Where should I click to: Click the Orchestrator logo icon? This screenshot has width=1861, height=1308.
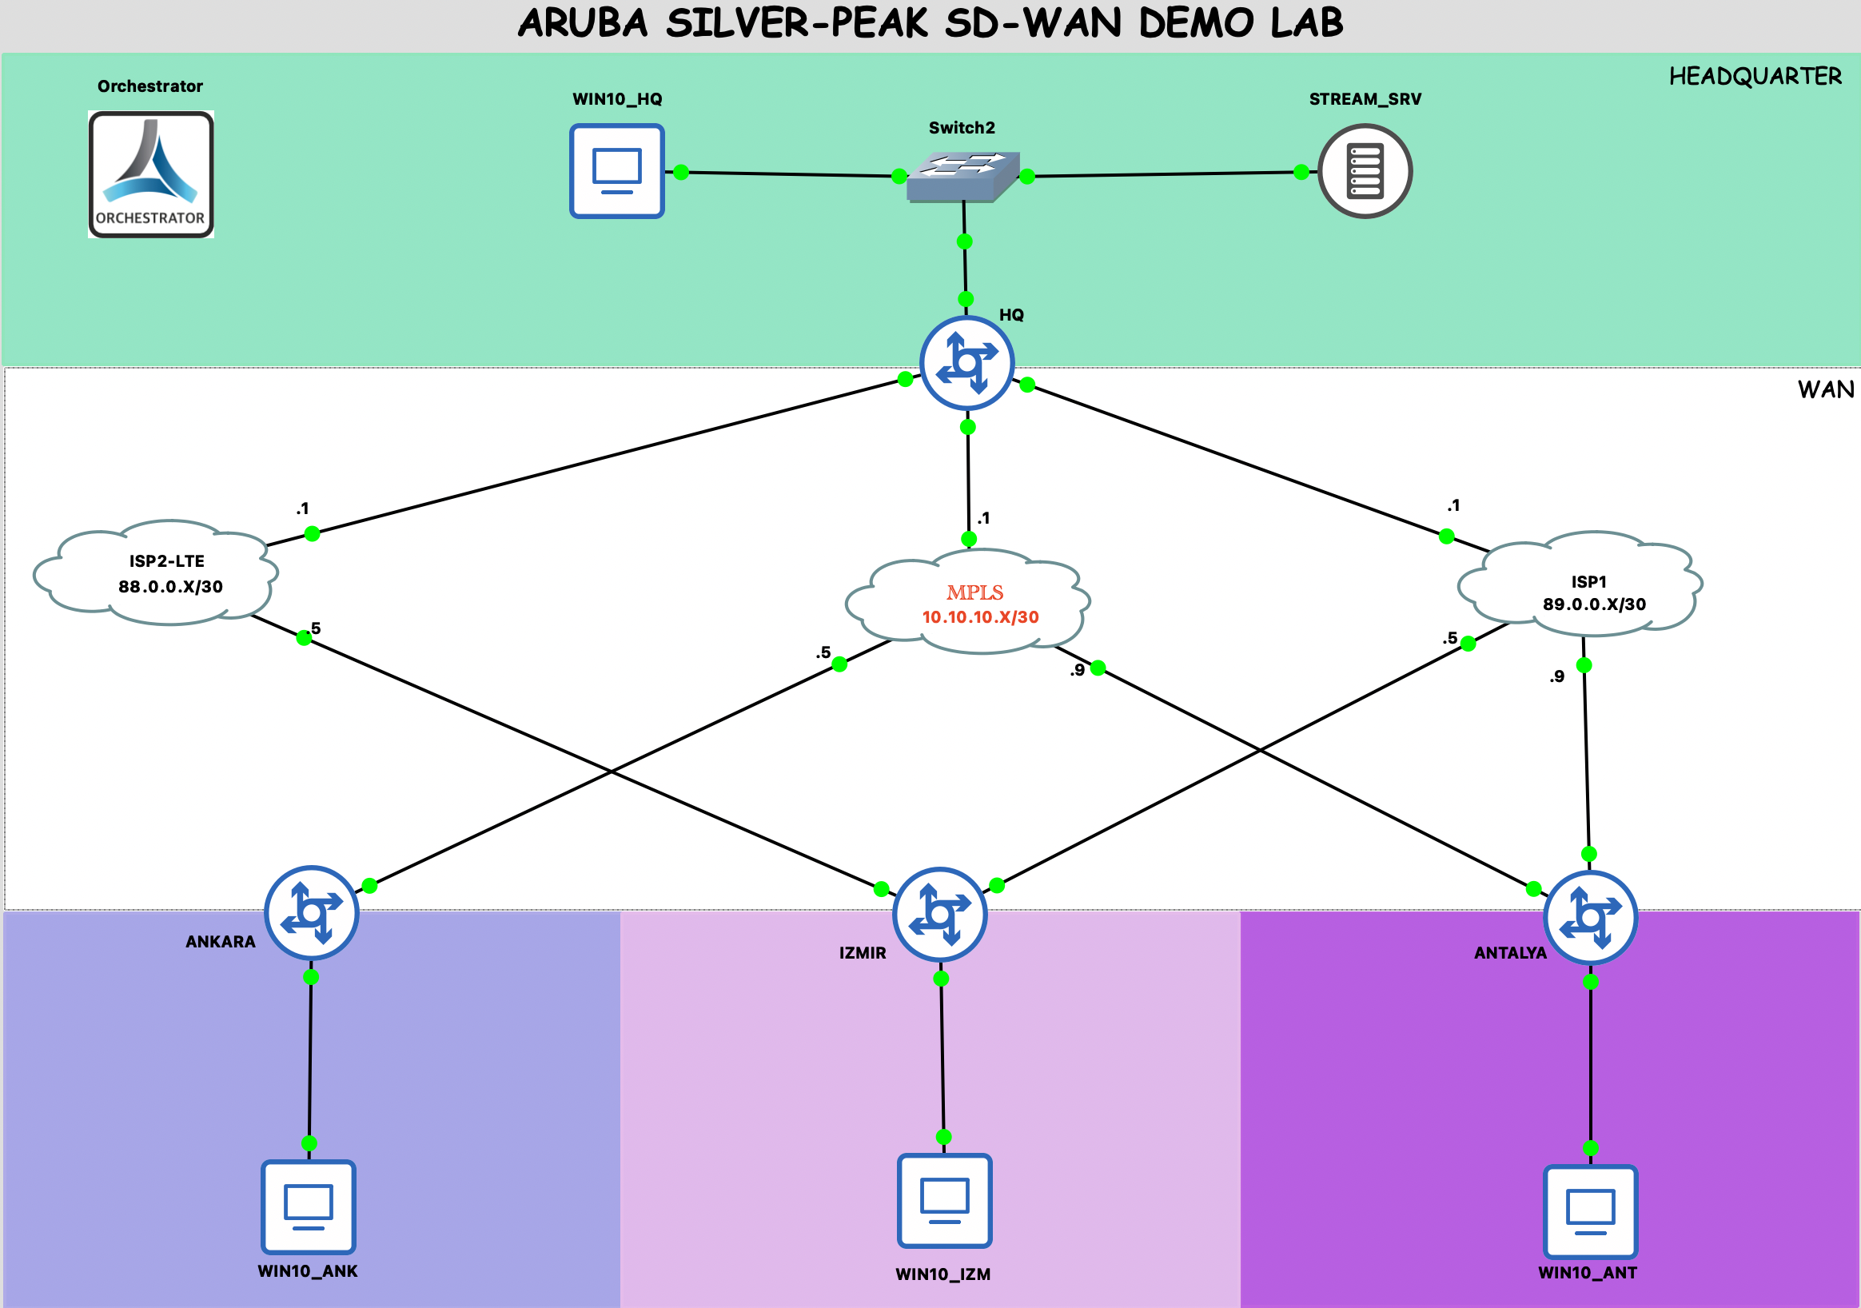click(151, 173)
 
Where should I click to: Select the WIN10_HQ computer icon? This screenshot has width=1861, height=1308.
click(617, 171)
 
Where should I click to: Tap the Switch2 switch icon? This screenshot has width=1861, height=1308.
click(963, 176)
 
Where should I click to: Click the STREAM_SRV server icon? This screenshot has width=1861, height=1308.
click(1365, 171)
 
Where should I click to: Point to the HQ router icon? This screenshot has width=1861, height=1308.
click(967, 362)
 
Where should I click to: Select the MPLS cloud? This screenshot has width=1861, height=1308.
click(968, 601)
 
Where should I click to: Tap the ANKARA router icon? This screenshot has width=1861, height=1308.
click(311, 912)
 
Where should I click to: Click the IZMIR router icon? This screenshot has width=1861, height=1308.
click(939, 914)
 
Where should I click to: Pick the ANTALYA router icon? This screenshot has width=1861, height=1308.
click(1590, 917)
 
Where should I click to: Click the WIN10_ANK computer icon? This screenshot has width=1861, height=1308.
click(308, 1206)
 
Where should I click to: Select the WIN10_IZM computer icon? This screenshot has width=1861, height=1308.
click(944, 1200)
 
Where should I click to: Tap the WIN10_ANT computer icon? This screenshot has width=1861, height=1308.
click(1590, 1211)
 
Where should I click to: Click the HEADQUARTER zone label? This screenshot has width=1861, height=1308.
click(1755, 76)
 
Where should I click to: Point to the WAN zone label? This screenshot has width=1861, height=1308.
click(1825, 390)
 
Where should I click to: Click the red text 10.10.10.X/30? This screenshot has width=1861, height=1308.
click(980, 617)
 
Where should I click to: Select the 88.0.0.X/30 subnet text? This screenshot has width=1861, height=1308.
click(170, 587)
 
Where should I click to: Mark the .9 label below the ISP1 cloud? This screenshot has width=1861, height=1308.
click(1556, 676)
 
